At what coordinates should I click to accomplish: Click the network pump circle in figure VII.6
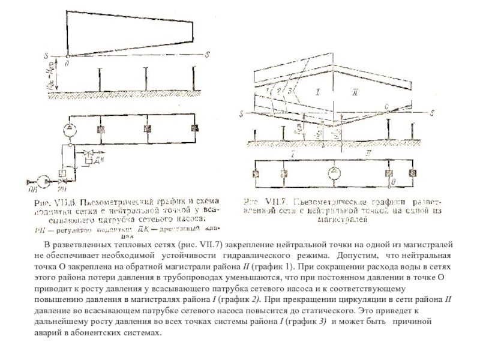(70, 128)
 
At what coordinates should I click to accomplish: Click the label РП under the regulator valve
(62, 188)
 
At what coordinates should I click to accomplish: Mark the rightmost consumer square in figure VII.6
(193, 128)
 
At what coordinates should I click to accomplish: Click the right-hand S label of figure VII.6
(207, 55)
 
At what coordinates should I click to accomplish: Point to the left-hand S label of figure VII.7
(241, 114)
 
